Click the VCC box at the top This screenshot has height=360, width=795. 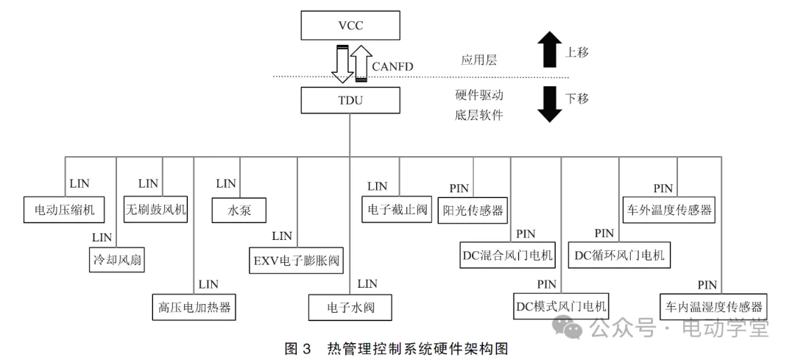(x=350, y=27)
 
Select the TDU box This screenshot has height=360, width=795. (x=350, y=101)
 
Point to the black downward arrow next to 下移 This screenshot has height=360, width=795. (x=549, y=104)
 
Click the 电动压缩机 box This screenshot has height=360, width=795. (x=64, y=210)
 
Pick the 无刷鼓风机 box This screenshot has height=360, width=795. (x=155, y=210)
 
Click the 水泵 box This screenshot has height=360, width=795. (x=240, y=210)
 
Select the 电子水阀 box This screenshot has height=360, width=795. (x=350, y=306)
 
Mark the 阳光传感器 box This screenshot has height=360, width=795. (x=471, y=210)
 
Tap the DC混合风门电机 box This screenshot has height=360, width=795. (x=508, y=255)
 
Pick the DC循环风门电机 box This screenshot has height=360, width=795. (x=619, y=255)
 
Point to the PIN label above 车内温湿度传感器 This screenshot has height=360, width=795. (x=707, y=284)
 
